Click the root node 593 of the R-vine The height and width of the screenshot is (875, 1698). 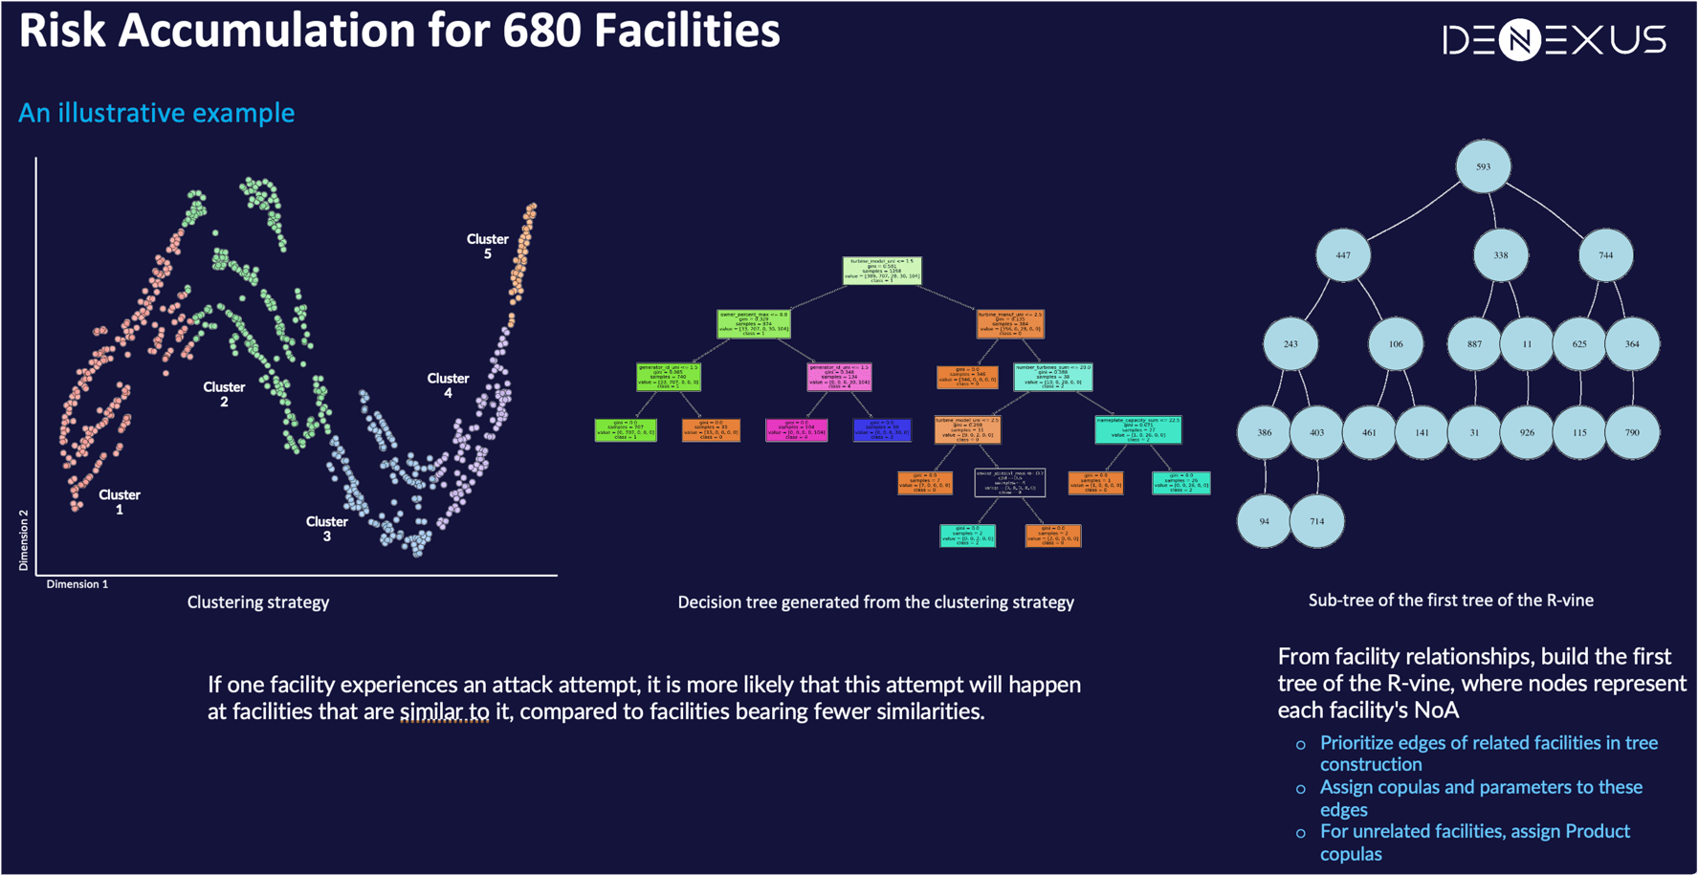point(1483,166)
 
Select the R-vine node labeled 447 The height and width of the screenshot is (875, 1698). point(1343,255)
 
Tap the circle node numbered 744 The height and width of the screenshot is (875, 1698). point(1605,255)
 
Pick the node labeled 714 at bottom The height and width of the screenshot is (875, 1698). point(1316,521)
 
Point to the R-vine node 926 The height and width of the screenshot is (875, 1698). point(1527,432)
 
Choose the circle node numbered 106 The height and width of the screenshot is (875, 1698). point(1396,344)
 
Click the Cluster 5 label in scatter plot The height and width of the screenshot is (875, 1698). point(487,246)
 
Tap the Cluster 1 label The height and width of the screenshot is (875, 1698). point(120,502)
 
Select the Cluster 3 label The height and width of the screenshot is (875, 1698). point(326,529)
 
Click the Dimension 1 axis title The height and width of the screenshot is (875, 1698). point(77,584)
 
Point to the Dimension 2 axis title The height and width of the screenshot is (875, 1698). point(24,540)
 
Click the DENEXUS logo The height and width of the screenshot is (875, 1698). point(1554,40)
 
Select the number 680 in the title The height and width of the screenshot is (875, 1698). point(541,31)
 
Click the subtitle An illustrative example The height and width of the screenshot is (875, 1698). point(156,113)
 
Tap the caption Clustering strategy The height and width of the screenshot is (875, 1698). point(257,602)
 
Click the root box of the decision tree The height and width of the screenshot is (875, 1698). point(882,271)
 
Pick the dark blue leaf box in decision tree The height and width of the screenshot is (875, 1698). point(881,429)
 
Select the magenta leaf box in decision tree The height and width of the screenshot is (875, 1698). point(796,429)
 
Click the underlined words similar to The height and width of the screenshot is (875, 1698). point(445,711)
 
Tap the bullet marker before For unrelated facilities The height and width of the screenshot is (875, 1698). point(1300,833)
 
